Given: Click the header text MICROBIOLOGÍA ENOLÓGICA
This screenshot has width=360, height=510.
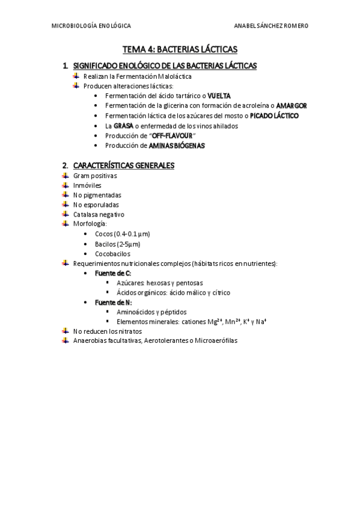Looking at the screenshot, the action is [91, 26].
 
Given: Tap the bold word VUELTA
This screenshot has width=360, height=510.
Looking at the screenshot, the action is [219, 96].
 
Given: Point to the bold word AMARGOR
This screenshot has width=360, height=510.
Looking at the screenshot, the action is [291, 105].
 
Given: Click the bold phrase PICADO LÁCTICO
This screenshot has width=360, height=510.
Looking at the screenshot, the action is [274, 115].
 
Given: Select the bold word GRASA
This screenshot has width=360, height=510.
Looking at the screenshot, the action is [123, 126].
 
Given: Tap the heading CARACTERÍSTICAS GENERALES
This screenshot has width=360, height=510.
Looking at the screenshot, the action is [123, 165].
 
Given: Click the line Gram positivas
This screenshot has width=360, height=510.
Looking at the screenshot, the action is [95, 176].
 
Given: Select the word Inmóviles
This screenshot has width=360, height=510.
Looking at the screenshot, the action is [87, 185].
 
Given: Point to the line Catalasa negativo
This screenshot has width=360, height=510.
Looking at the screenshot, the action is [99, 214].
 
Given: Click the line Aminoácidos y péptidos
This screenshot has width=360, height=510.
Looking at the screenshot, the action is [151, 312].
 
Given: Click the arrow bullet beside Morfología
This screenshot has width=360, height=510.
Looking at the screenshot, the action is [65, 223].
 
